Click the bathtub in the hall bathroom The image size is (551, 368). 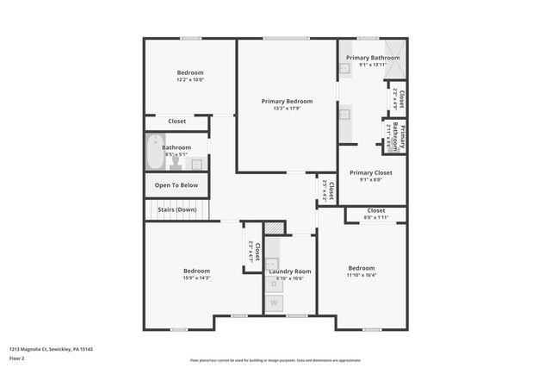(155, 153)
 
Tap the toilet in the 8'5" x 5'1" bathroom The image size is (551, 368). (176, 162)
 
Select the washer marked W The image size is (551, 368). (275, 303)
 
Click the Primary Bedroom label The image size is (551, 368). (287, 101)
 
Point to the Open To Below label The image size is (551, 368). (176, 185)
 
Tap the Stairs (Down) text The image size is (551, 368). (176, 209)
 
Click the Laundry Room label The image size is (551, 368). (289, 271)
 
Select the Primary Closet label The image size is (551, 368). (371, 172)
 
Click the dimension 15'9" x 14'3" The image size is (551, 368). (196, 278)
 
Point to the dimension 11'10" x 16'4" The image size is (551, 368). (362, 275)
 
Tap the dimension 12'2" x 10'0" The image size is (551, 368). (190, 80)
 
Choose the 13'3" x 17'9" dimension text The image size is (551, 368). (287, 109)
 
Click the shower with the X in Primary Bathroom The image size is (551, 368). (393, 48)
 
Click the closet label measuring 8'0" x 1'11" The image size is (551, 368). (376, 218)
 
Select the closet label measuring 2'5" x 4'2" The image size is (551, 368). (324, 190)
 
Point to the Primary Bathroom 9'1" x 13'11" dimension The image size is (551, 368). (373, 65)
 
